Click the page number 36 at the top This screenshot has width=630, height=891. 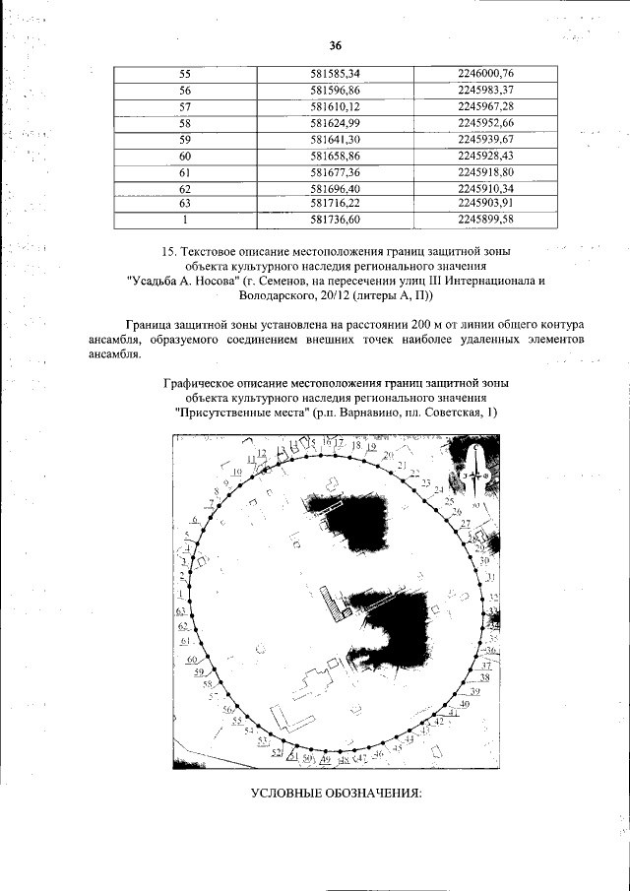coord(335,45)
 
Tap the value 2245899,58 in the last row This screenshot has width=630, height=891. coord(486,220)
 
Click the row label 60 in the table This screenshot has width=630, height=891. coord(184,157)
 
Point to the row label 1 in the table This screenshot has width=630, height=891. coord(184,220)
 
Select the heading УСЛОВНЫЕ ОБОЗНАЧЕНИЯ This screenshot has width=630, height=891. coord(336,794)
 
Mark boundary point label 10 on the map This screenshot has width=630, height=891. coord(237,472)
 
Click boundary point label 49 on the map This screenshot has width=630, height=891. coord(325,760)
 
